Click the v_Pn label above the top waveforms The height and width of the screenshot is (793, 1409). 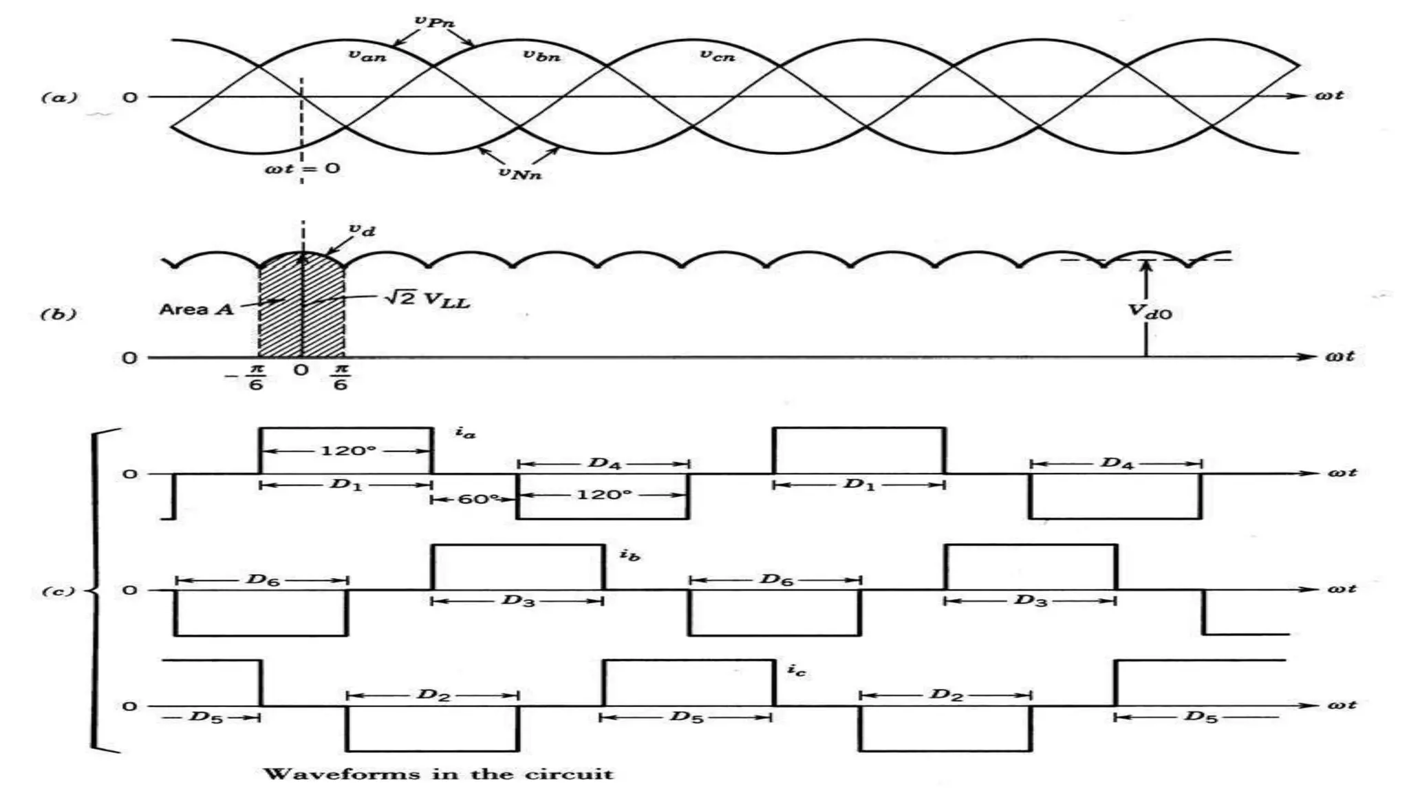[x=434, y=21]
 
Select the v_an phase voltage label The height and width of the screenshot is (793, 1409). [x=367, y=56]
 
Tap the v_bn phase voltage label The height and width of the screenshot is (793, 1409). [x=541, y=56]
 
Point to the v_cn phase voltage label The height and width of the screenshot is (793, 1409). [x=717, y=56]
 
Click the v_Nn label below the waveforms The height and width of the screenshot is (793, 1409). [x=520, y=173]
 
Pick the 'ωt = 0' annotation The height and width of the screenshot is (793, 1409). [x=303, y=169]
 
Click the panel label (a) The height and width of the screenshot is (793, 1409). [x=59, y=97]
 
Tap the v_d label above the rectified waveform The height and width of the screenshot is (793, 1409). [x=363, y=230]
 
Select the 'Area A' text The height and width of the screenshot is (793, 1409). [x=197, y=309]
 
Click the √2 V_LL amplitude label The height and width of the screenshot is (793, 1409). [x=427, y=300]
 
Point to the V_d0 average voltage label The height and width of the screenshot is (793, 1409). [x=1150, y=312]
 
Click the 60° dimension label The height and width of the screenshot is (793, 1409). [x=477, y=499]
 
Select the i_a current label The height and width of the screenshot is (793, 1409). [x=465, y=432]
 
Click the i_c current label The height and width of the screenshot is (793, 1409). [x=796, y=669]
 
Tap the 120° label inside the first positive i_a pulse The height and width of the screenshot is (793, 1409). [x=348, y=451]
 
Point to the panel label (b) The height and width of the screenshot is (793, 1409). [x=58, y=315]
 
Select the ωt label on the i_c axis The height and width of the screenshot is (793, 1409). [x=1342, y=705]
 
